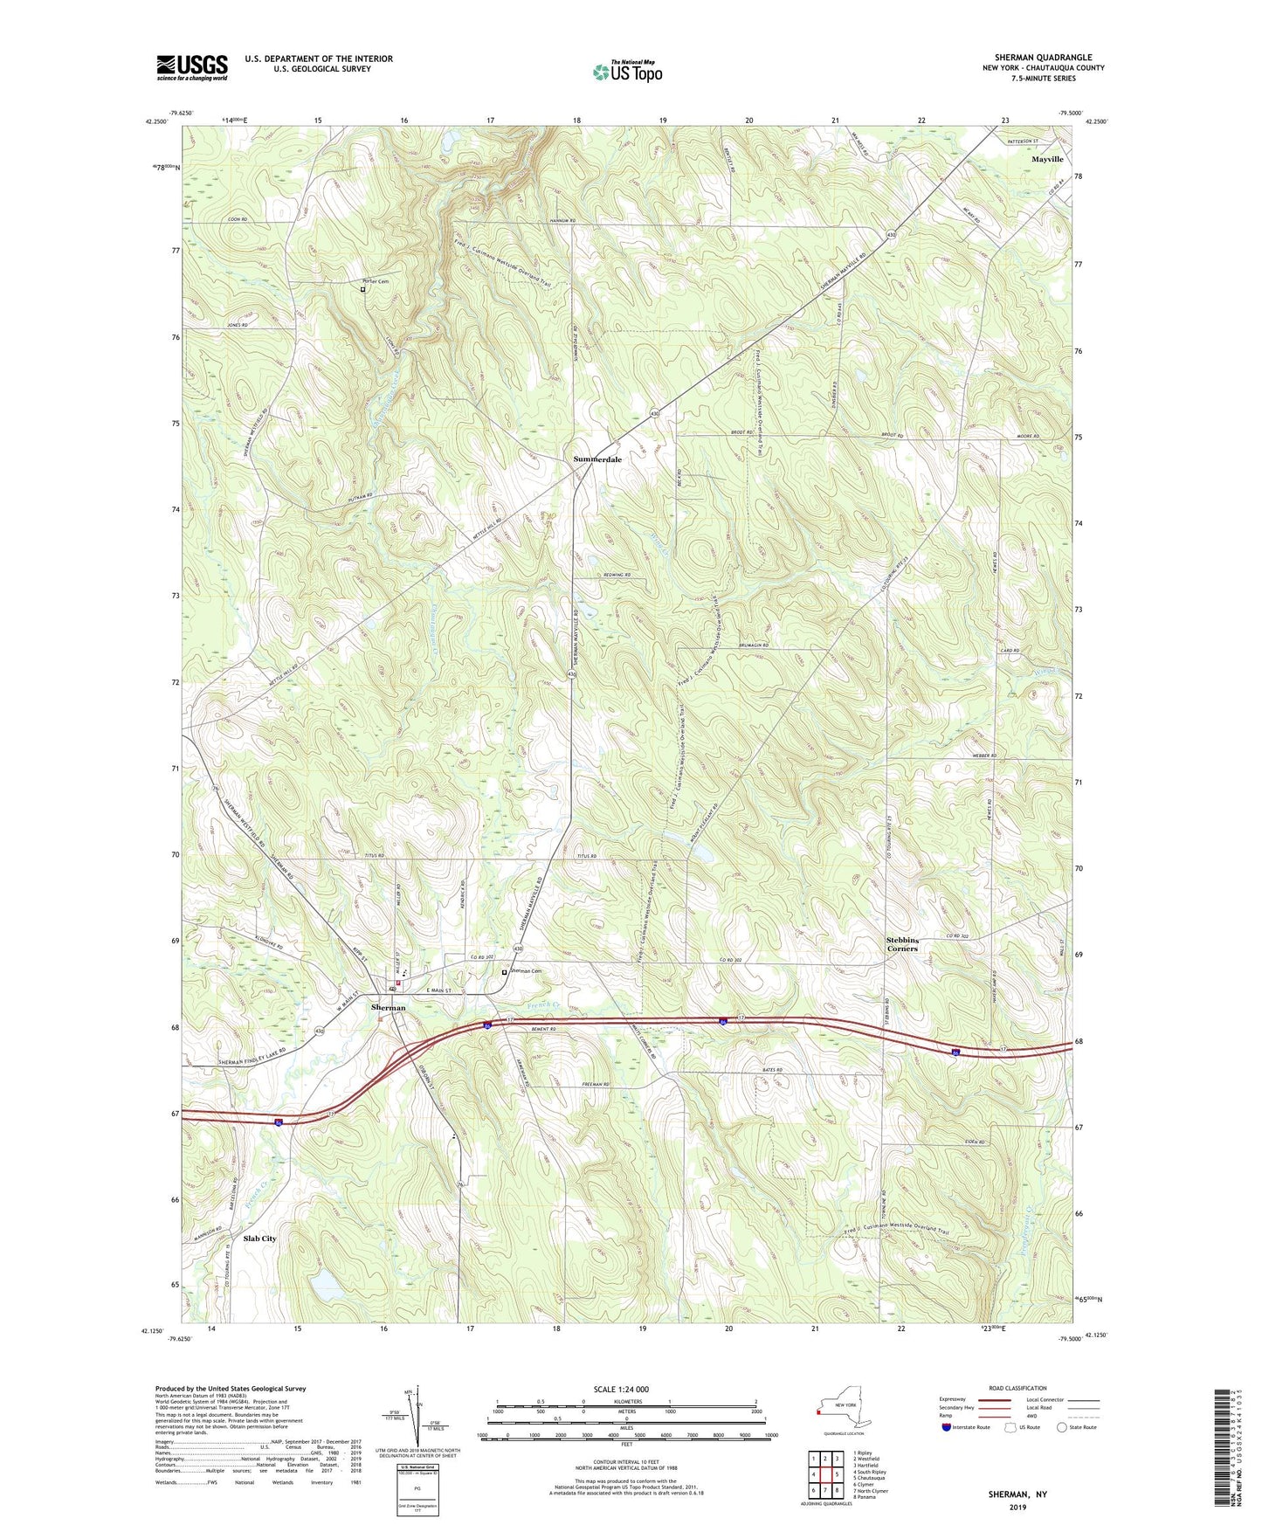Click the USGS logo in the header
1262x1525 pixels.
coord(191,67)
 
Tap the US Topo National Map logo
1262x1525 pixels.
coord(626,72)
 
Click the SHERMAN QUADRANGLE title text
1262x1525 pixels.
coord(1043,58)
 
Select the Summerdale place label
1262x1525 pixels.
coord(597,459)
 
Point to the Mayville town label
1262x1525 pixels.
coord(1047,160)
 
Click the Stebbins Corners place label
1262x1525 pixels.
coord(902,944)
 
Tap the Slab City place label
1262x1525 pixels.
coord(259,1239)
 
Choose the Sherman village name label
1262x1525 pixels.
coord(388,1008)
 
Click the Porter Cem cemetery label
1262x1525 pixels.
coord(376,281)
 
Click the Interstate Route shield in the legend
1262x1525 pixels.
coord(947,1427)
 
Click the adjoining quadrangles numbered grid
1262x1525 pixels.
coord(824,1476)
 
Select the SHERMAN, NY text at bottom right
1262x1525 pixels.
coord(1017,1494)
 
